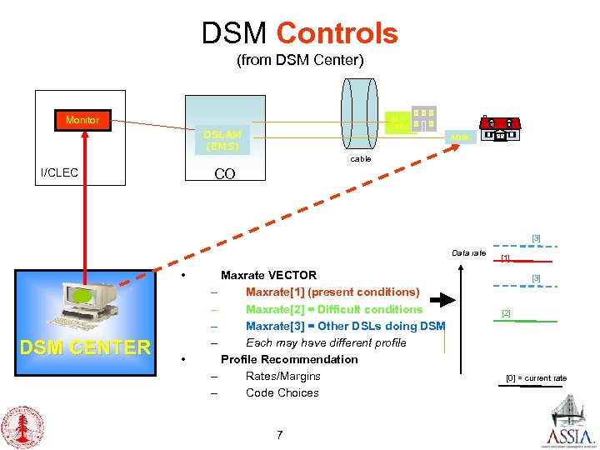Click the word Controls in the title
(x=337, y=33)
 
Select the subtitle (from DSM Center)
(x=300, y=61)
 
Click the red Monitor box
(x=82, y=120)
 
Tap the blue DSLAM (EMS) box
(x=222, y=140)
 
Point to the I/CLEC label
(x=59, y=172)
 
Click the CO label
(x=225, y=174)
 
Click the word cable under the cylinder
(x=360, y=158)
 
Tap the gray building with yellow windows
(x=423, y=119)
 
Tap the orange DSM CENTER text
(x=86, y=347)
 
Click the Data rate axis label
(x=468, y=252)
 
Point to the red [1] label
(x=505, y=258)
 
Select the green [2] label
(x=506, y=314)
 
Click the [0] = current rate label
(x=536, y=378)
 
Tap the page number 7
(x=279, y=433)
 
